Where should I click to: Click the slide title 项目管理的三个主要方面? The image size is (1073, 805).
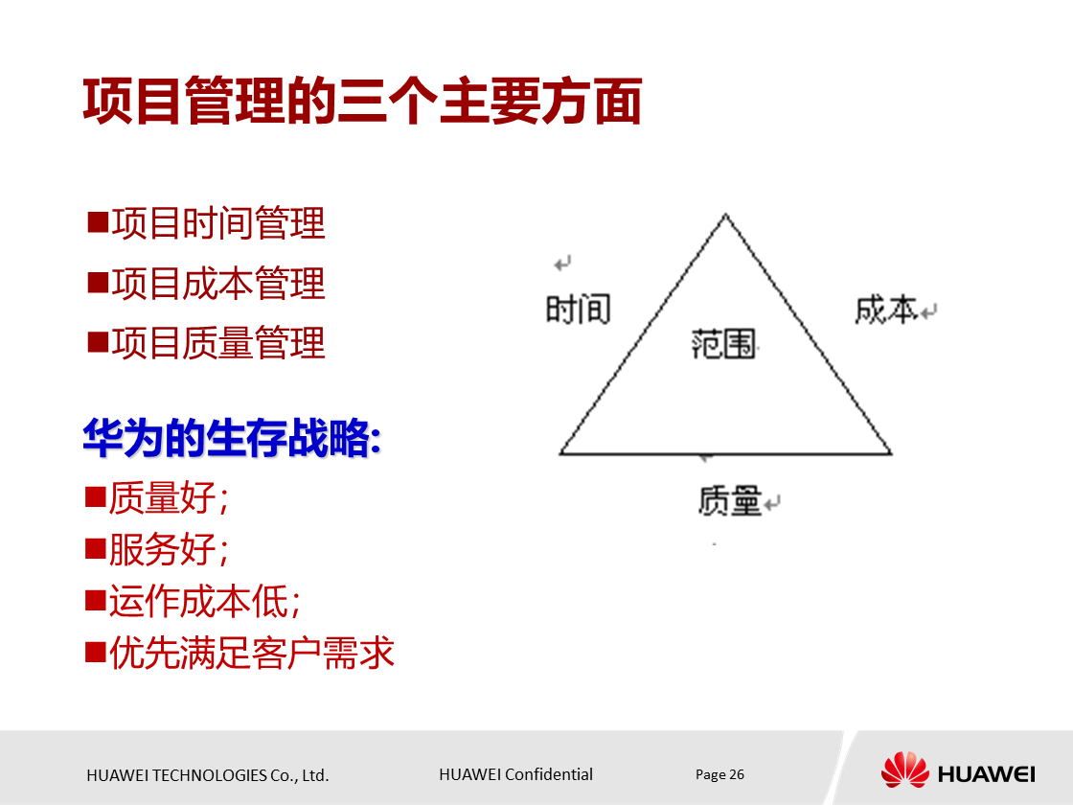pyautogui.click(x=362, y=103)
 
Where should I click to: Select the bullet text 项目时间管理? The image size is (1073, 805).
pyautogui.click(x=218, y=224)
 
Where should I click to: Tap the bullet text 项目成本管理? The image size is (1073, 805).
pyautogui.click(x=218, y=284)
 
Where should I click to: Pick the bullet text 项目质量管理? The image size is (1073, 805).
pyautogui.click(x=218, y=343)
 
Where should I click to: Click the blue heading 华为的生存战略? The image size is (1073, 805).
pyautogui.click(x=231, y=440)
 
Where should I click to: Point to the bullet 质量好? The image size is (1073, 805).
pyautogui.click(x=168, y=498)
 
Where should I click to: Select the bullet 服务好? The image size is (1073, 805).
pyautogui.click(x=168, y=550)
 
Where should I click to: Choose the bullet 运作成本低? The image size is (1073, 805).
pyautogui.click(x=204, y=602)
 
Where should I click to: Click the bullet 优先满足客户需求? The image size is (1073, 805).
pyautogui.click(x=251, y=654)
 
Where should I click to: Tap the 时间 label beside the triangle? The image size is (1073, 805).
pyautogui.click(x=578, y=310)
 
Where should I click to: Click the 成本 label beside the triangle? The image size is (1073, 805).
pyautogui.click(x=886, y=310)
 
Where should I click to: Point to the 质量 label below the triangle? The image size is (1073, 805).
pyautogui.click(x=730, y=500)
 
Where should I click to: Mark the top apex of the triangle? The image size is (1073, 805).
pyautogui.click(x=725, y=216)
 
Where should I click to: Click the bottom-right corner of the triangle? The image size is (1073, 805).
pyautogui.click(x=890, y=453)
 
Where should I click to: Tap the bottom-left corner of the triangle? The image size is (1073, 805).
pyautogui.click(x=561, y=453)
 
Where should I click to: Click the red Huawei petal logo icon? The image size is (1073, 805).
pyautogui.click(x=904, y=770)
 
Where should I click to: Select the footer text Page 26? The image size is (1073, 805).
pyautogui.click(x=719, y=774)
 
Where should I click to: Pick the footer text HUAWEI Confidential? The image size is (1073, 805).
pyautogui.click(x=515, y=774)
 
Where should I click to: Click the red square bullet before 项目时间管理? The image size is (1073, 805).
pyautogui.click(x=97, y=223)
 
